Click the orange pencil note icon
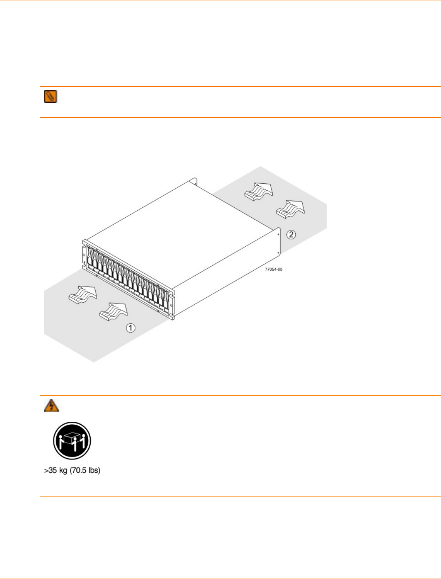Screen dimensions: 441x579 click(51, 97)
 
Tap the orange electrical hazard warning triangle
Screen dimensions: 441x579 click(51, 405)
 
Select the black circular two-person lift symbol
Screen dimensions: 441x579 click(72, 441)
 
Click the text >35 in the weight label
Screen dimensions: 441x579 click(51, 470)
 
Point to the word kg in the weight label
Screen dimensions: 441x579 click(63, 470)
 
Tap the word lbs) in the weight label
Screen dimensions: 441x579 click(94, 470)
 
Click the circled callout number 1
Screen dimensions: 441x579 click(130, 328)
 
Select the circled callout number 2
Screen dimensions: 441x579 click(291, 234)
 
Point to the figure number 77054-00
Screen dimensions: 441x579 click(274, 269)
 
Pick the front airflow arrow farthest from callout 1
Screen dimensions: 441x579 click(82, 294)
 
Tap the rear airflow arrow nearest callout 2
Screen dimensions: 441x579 click(290, 209)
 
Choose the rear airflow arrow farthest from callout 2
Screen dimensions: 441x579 click(258, 192)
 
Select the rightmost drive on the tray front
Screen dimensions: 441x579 click(165, 300)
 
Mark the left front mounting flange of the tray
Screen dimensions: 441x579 click(84, 255)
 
